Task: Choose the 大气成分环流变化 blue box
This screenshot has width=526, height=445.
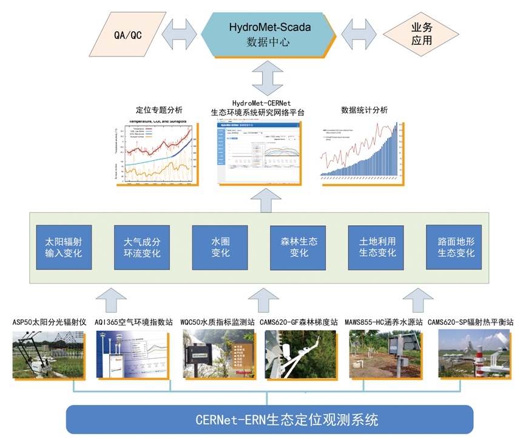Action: (x=142, y=247)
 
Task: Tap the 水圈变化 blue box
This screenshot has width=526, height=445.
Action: (x=220, y=247)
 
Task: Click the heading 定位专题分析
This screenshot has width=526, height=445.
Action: (x=158, y=110)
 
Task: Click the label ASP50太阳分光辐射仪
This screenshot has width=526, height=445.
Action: (x=49, y=322)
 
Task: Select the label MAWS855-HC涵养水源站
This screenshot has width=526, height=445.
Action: (x=383, y=322)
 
